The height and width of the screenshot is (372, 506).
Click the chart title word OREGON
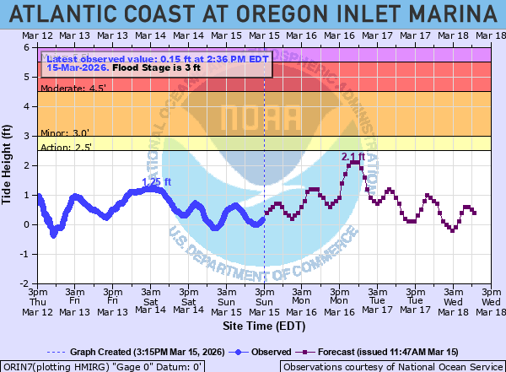(x=267, y=13)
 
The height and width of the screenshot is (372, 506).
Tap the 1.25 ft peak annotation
(x=156, y=181)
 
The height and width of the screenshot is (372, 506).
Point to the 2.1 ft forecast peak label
(x=353, y=157)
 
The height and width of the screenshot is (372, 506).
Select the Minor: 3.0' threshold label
(x=64, y=132)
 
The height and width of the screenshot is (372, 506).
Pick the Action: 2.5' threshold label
(x=66, y=147)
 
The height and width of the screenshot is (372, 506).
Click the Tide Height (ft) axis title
(x=8, y=164)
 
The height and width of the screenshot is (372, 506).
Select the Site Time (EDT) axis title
(x=264, y=325)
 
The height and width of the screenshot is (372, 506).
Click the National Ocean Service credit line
(x=391, y=366)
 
